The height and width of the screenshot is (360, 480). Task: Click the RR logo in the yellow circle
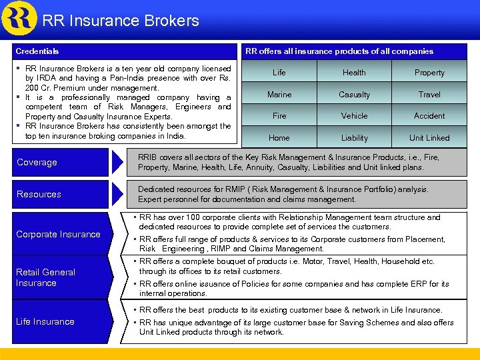(x=19, y=18)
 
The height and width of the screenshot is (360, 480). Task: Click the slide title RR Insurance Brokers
(x=121, y=21)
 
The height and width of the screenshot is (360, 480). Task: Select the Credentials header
(x=37, y=51)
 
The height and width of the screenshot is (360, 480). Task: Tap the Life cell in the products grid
(x=279, y=73)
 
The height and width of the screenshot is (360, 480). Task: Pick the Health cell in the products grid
(x=354, y=73)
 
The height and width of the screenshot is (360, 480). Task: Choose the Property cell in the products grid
(x=429, y=73)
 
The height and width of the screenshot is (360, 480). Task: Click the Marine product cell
(x=279, y=95)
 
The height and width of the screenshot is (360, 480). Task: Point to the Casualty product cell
(x=354, y=95)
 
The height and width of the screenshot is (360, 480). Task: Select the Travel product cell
(x=429, y=95)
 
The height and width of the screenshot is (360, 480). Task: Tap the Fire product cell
(x=279, y=116)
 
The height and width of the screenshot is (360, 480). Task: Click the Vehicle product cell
(x=354, y=116)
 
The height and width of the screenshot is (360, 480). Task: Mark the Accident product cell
(x=429, y=116)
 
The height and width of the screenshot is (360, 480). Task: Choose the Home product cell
(x=279, y=138)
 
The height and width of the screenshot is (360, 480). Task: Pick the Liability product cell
(x=354, y=138)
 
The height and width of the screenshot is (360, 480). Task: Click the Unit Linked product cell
(x=429, y=138)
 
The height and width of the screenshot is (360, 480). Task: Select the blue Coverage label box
(x=59, y=162)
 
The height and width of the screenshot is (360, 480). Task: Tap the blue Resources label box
(x=59, y=194)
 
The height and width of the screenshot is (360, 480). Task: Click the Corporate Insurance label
(x=58, y=235)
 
